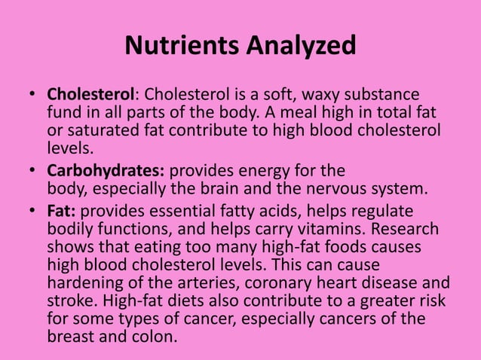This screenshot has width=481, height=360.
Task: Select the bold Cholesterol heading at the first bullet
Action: click(x=91, y=96)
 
